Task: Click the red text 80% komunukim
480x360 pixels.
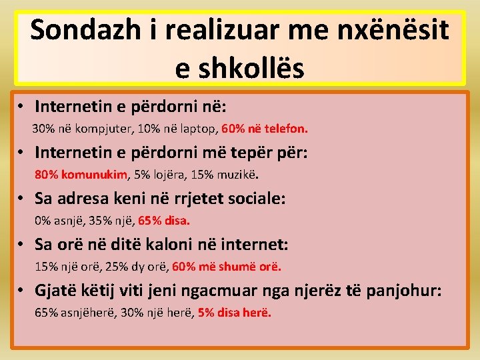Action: click(x=81, y=175)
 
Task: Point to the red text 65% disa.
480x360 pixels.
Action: click(x=167, y=221)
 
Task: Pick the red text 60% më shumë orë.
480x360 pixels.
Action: click(x=227, y=267)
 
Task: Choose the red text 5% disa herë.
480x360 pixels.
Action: click(x=235, y=313)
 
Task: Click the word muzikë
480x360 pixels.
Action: click(x=238, y=175)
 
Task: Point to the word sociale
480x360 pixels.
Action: click(x=255, y=198)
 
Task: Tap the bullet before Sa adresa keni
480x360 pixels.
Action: click(x=22, y=199)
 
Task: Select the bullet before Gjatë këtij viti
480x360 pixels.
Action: click(x=22, y=291)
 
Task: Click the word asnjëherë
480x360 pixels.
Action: click(x=85, y=313)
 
